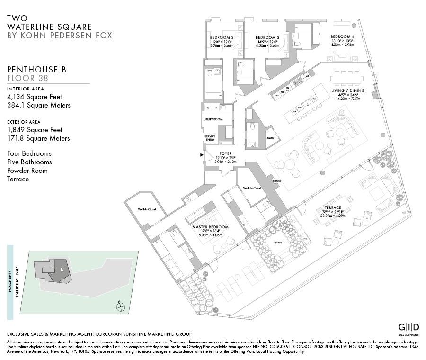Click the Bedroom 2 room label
pos(222,37)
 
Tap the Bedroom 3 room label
pos(267,37)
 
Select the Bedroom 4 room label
pos(342,36)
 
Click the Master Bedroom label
pos(210,227)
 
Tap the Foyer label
pos(225,153)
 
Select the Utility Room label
pos(213,119)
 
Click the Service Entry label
pos(210,138)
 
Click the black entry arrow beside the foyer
pos(202,154)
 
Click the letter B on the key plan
pos(62,269)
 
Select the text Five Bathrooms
pos(29,162)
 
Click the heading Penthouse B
pos(36,70)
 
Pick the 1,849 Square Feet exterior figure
pos(35,130)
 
